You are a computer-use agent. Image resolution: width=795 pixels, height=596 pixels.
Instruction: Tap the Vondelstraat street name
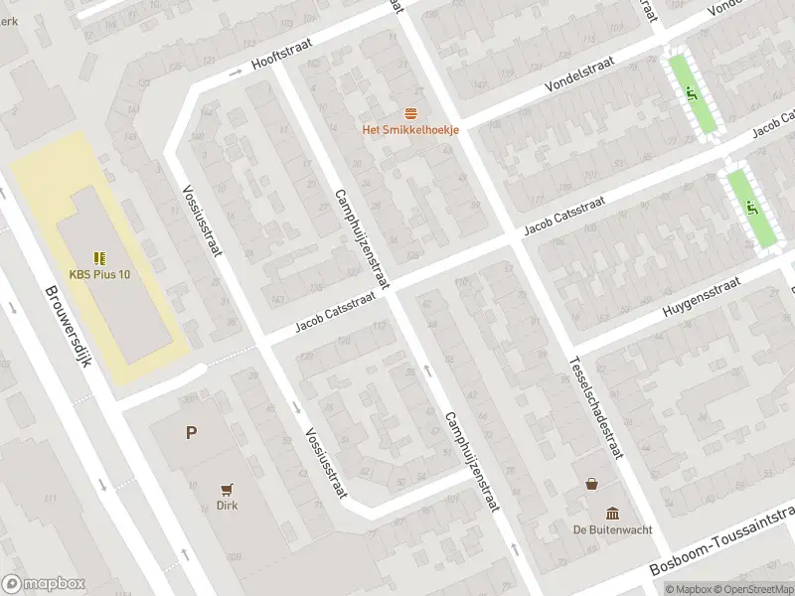[x=579, y=74]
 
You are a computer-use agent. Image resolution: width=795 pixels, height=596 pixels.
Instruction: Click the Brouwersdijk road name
[x=68, y=328]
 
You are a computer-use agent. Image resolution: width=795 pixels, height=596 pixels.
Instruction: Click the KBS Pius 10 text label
[x=99, y=275]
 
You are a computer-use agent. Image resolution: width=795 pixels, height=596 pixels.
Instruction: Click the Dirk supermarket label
[x=229, y=505]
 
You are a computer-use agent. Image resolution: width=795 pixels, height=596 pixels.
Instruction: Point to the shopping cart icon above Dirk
[x=229, y=488]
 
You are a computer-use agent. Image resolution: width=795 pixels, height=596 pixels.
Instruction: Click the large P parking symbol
[x=191, y=432]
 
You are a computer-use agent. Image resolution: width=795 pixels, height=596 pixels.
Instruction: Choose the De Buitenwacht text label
[x=612, y=529]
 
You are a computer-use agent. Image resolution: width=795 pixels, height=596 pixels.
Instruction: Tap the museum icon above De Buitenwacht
[x=612, y=513]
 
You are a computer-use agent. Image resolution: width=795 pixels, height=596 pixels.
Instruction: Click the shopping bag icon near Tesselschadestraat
[x=593, y=485]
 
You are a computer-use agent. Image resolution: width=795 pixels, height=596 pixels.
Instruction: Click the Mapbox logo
[x=43, y=583]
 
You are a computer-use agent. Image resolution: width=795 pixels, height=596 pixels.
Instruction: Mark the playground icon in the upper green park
[x=692, y=94]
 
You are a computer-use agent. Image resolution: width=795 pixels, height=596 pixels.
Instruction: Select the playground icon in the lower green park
[x=752, y=209]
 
